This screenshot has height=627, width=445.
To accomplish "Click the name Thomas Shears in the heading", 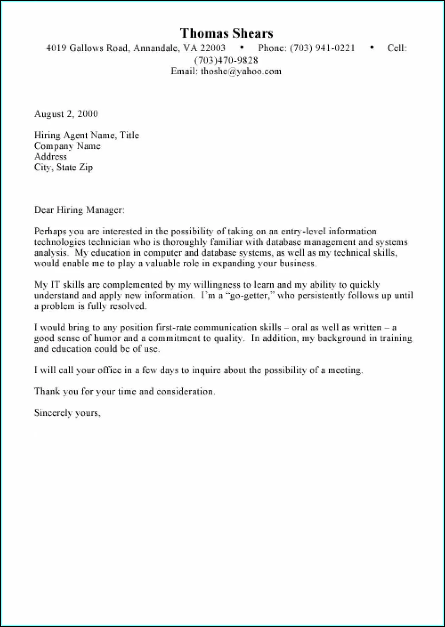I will (226, 33).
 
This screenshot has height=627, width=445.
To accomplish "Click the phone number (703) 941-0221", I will (322, 48).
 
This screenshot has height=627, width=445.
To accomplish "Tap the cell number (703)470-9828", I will (226, 60).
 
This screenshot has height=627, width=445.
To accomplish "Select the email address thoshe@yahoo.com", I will (241, 71).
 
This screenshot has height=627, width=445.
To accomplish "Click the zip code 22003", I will (213, 48).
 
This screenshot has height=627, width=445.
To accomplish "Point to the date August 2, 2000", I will (66, 114).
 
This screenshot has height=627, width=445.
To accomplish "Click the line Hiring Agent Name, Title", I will (86, 135).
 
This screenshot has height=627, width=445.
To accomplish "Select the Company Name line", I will (67, 146).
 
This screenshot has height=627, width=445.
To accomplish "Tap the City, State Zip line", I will (63, 167).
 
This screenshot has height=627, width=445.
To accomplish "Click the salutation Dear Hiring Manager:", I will (79, 210).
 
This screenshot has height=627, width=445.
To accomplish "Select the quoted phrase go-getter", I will (248, 296).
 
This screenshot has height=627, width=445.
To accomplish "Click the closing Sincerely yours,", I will (67, 413).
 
